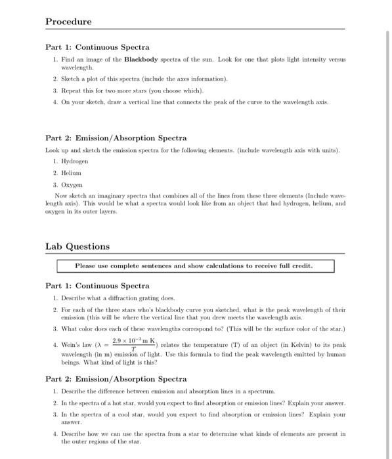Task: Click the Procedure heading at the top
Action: tap(68, 22)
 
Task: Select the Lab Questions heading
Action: tap(77, 247)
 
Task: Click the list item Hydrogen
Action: tap(75, 160)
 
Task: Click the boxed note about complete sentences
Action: tap(195, 266)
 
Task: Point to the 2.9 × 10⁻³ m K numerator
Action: tap(133, 341)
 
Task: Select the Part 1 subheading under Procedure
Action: tap(97, 47)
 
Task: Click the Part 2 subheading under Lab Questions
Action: tap(116, 379)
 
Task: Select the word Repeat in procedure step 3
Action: tap(73, 90)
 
